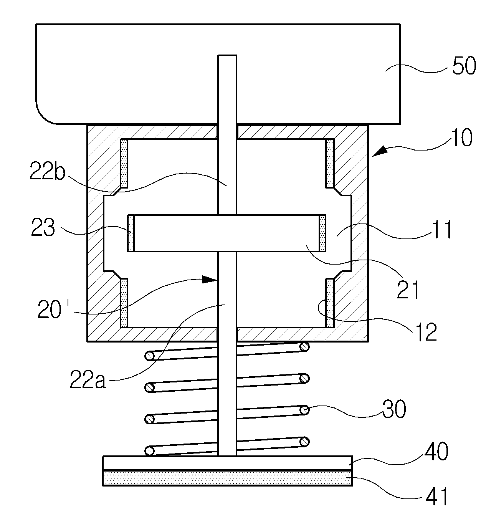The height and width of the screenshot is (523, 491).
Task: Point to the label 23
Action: point(43,227)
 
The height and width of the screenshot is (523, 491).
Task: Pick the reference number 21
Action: point(408,290)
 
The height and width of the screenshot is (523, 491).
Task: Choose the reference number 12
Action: point(426,333)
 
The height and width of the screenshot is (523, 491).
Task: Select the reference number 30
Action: point(394,409)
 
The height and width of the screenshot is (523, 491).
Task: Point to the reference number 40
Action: point(436,451)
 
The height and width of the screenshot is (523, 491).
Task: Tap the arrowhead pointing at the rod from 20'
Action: point(210,280)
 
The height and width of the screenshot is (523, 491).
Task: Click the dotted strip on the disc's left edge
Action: point(131,233)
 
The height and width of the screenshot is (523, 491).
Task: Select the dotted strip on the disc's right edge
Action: point(322,233)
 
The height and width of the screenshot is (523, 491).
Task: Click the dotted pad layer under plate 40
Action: point(228,478)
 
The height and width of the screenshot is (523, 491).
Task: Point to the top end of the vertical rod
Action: point(227,55)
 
